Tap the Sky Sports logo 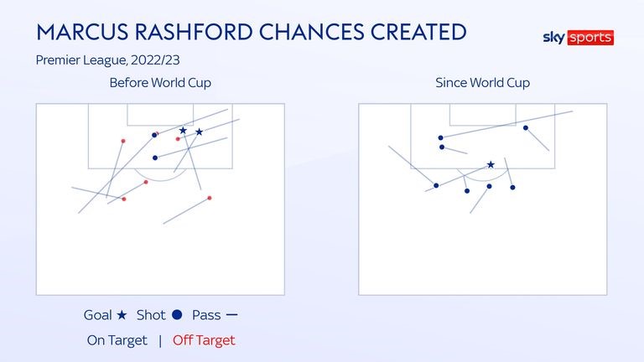(578, 38)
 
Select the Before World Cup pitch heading (160, 83)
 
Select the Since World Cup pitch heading (482, 83)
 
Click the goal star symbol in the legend (122, 316)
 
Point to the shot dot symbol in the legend (177, 316)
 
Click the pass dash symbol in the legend (232, 316)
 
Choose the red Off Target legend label (204, 340)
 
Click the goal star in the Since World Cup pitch (491, 164)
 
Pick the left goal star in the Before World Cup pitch (183, 131)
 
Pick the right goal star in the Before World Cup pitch (199, 132)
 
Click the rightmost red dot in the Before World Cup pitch (209, 198)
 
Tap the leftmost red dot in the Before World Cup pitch (123, 141)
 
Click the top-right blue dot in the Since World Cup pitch (526, 127)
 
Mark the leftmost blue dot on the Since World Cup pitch (436, 185)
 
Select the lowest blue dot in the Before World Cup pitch (155, 158)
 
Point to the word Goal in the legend (98, 316)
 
